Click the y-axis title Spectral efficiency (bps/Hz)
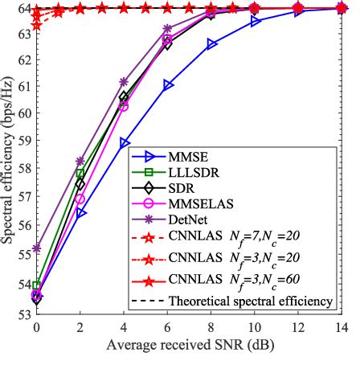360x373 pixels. [9, 161]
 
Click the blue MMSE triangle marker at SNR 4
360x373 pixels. [125, 142]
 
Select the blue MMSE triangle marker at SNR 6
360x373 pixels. [168, 84]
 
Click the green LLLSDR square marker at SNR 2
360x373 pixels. [80, 173]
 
